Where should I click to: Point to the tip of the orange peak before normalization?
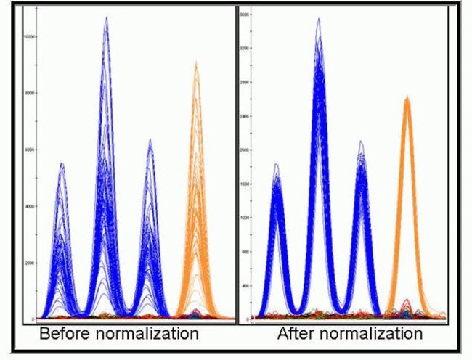pos(195,63)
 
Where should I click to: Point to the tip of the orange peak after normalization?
pos(407,97)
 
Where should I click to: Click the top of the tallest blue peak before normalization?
pos(107,17)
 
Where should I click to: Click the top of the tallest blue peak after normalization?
pos(318,20)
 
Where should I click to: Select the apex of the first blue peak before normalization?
pos(62,163)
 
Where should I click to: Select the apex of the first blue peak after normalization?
pos(276,165)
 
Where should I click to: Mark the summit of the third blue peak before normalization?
pos(150,140)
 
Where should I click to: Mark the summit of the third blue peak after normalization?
pos(361,142)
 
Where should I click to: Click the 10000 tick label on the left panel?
pos(29,36)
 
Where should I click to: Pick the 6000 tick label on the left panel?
pos(30,150)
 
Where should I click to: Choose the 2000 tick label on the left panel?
pos(30,263)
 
